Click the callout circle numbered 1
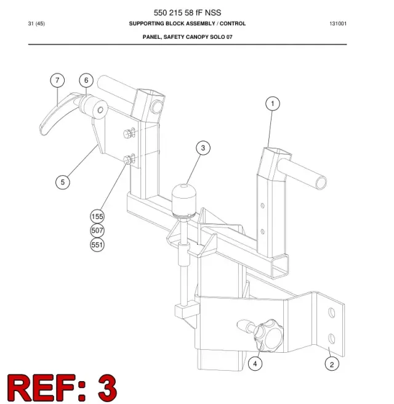(x=273, y=104)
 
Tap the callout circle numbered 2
(x=332, y=364)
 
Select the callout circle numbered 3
(x=203, y=148)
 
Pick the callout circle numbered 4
(x=255, y=363)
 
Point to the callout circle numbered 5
(x=63, y=182)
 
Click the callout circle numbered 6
(x=86, y=80)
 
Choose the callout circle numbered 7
(x=57, y=80)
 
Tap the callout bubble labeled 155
(x=97, y=216)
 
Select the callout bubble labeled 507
(x=97, y=230)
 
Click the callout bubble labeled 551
(x=97, y=244)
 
